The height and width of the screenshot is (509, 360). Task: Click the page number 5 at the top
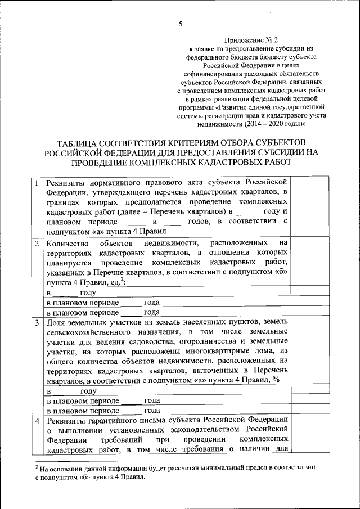tap(180, 24)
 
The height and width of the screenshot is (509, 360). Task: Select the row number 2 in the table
tap(36, 243)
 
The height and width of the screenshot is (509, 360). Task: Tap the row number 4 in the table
tap(36, 420)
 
